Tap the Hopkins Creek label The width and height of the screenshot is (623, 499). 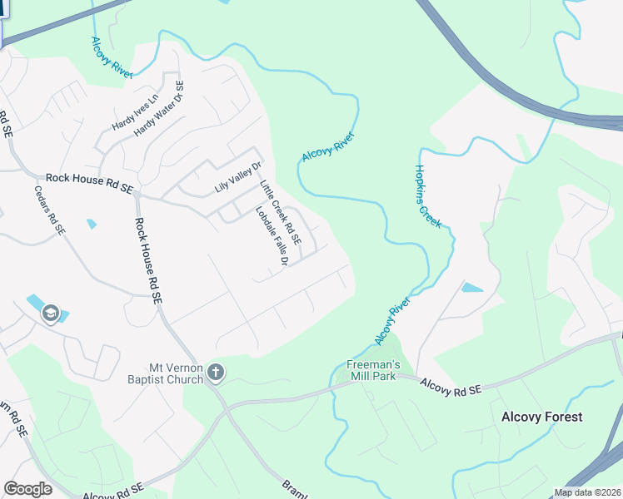(427, 195)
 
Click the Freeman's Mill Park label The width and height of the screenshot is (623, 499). (374, 370)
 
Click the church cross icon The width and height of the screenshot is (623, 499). (216, 373)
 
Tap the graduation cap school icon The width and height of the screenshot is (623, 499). (49, 314)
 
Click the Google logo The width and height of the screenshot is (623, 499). (28, 489)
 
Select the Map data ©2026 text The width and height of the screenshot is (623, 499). (587, 492)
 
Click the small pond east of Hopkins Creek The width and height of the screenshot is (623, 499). (471, 288)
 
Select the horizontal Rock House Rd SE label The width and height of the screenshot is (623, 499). (89, 179)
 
